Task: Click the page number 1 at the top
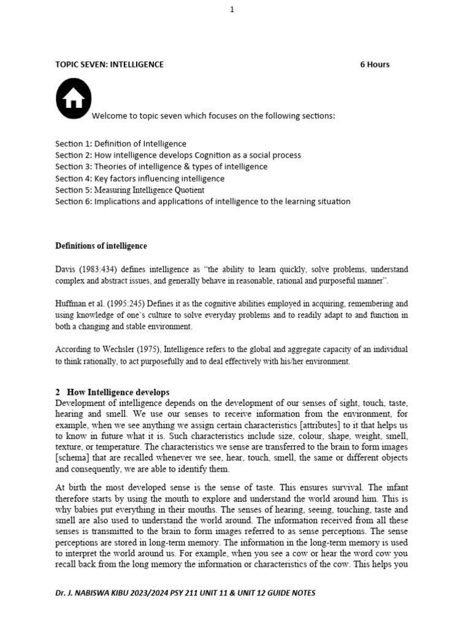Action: pyautogui.click(x=232, y=9)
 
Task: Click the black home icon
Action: pyautogui.click(x=74, y=99)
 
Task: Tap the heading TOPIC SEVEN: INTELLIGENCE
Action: pyautogui.click(x=109, y=64)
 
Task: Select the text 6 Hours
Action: pyautogui.click(x=374, y=64)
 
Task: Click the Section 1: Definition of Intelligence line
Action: pyautogui.click(x=121, y=144)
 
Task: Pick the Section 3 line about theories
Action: pyautogui.click(x=161, y=167)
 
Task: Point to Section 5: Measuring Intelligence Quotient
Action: pyautogui.click(x=129, y=190)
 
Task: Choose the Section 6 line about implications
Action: pyautogui.click(x=202, y=202)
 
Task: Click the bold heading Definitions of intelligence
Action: pyautogui.click(x=101, y=246)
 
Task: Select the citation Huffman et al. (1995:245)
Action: pyautogui.click(x=102, y=304)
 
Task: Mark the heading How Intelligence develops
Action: pyautogui.click(x=117, y=392)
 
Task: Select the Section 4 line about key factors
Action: pyautogui.click(x=140, y=178)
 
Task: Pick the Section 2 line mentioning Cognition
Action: pyautogui.click(x=178, y=155)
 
